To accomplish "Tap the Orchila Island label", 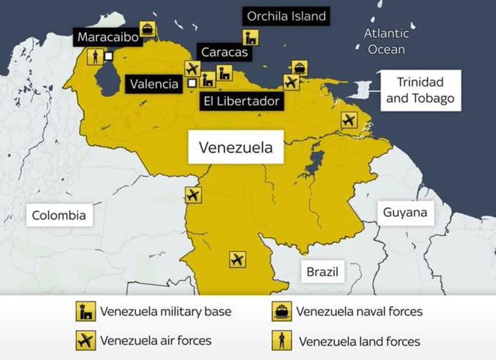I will [286, 15].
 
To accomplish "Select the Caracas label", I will [224, 52].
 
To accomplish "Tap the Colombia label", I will [58, 215].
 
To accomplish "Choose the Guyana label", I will [405, 213].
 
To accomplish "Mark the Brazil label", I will [323, 272].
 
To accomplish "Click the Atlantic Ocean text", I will [386, 41].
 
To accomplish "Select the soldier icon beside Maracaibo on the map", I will [94, 56].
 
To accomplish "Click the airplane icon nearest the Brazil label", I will [237, 259].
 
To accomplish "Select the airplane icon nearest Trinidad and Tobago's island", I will [349, 120].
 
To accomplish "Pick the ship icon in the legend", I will [280, 312].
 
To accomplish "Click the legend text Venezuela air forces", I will [156, 340].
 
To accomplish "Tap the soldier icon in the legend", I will [280, 340].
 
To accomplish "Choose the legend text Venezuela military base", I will [166, 312].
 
